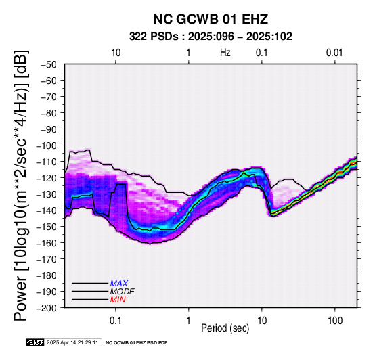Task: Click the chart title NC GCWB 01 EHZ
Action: click(211, 19)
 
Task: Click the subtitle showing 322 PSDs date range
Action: click(211, 37)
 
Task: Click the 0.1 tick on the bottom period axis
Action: click(116, 321)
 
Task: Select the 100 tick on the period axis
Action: click(335, 321)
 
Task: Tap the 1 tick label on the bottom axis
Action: click(189, 321)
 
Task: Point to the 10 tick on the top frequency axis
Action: click(116, 53)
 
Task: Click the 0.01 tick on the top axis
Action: click(334, 53)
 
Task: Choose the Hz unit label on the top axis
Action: click(225, 53)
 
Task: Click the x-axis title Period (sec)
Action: click(225, 328)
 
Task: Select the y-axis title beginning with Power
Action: click(21, 185)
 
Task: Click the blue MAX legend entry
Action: click(119, 284)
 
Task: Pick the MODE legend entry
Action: click(123, 292)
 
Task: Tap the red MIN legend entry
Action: click(118, 300)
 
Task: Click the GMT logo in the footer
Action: click(35, 342)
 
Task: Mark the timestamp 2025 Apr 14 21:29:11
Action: click(72, 342)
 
